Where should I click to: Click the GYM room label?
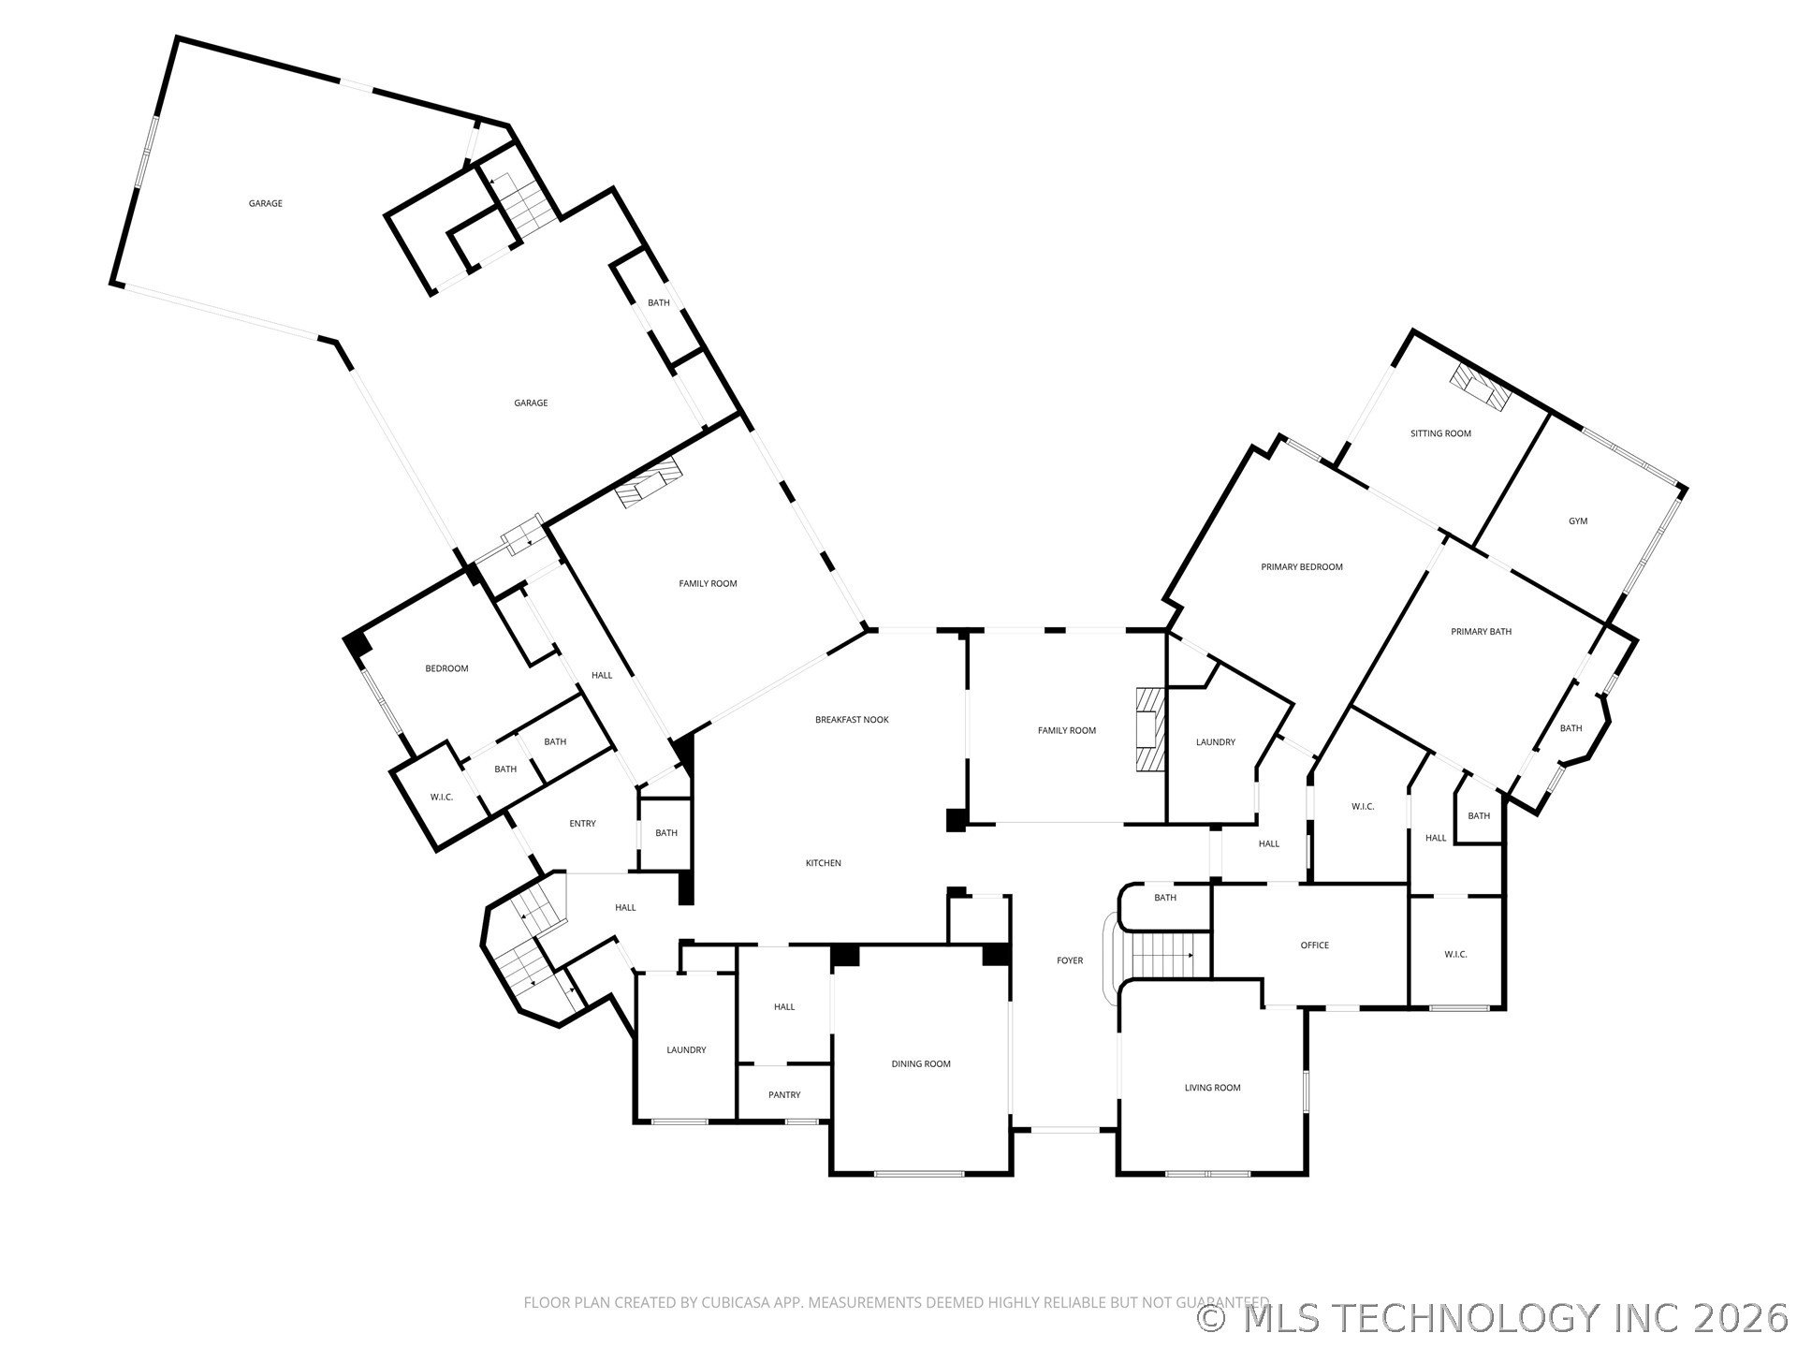1578,521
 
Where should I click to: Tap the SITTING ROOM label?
1440,433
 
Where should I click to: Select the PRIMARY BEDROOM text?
1301,567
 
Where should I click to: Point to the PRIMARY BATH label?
1481,632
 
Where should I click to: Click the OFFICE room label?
1314,945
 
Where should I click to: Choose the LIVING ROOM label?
1212,1088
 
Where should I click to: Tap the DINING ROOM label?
921,1064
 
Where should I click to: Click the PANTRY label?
784,1095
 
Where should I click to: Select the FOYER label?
1070,960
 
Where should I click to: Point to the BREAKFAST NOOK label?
852,720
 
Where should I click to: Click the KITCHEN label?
824,863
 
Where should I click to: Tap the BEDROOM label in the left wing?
446,668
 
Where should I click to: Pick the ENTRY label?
582,824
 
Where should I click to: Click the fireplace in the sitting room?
1480,386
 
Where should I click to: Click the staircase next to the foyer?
1161,956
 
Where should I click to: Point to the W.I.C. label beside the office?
1455,955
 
